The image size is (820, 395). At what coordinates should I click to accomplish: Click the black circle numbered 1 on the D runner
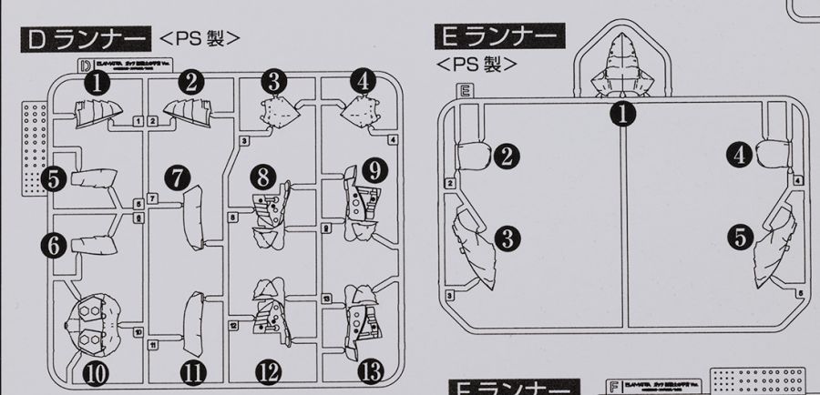tap(97, 84)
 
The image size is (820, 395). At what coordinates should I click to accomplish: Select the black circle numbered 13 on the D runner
tap(364, 371)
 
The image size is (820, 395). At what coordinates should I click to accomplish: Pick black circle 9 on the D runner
tap(374, 170)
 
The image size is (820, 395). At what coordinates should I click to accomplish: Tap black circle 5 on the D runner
tap(54, 178)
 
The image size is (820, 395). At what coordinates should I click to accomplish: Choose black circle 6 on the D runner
tap(54, 244)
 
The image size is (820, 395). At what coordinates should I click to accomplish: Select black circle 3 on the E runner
tap(507, 238)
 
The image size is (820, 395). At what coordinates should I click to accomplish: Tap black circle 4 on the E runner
tap(741, 156)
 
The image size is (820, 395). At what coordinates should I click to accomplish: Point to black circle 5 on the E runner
tap(741, 238)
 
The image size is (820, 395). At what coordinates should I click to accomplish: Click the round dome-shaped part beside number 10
tap(89, 327)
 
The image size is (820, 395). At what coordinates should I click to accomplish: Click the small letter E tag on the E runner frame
tap(465, 90)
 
